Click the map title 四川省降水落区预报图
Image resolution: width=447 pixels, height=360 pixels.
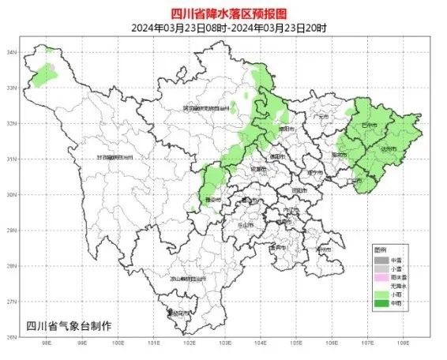223,13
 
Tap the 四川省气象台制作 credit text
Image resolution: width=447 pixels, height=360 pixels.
69,325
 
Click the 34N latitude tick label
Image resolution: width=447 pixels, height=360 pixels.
12,52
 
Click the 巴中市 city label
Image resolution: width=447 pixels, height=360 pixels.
368,125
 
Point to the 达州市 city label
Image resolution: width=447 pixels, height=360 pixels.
387,148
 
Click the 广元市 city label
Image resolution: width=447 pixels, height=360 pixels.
321,116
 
